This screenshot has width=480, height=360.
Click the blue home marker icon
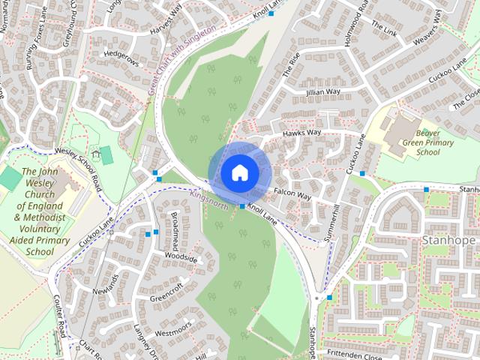[x=239, y=172]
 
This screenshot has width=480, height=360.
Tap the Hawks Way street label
[x=301, y=133]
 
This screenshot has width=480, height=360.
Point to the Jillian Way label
[x=322, y=91]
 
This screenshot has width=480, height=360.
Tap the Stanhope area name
[x=448, y=241]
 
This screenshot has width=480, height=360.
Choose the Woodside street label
[x=181, y=258]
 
